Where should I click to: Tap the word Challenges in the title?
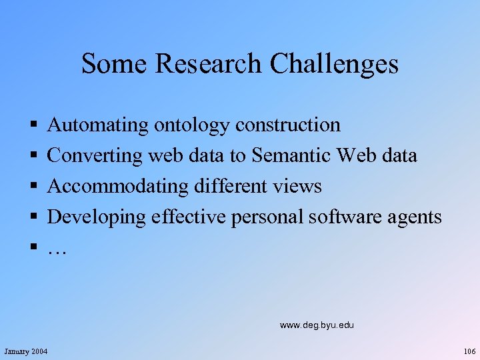tap(334, 64)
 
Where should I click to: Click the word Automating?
tap(98, 125)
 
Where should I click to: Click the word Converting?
tap(95, 156)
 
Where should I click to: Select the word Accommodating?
tap(118, 187)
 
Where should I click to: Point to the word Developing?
tap(97, 217)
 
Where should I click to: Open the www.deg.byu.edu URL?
tap(317, 325)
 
